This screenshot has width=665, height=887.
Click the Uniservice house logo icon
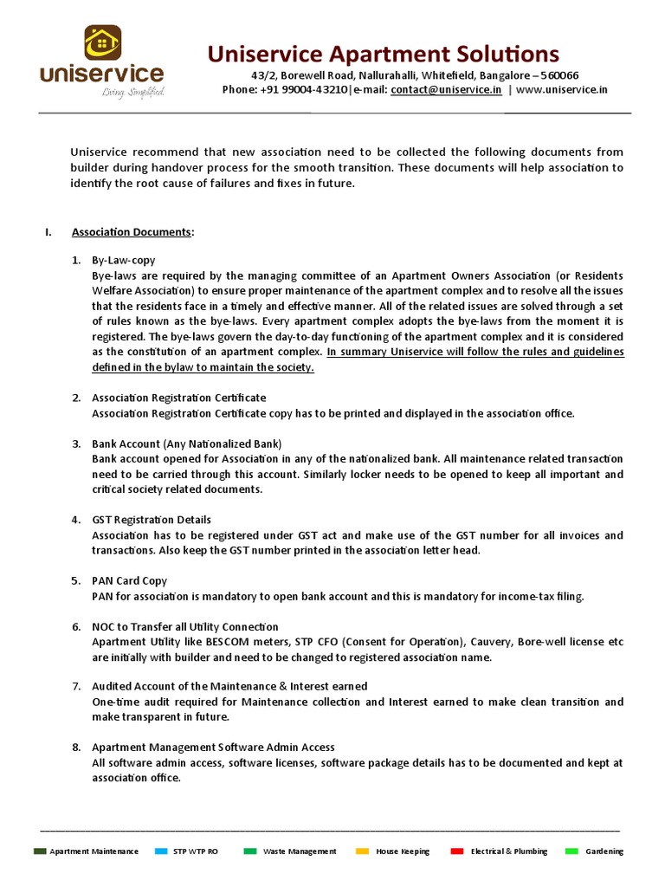(x=102, y=42)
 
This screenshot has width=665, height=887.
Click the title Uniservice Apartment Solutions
(x=383, y=54)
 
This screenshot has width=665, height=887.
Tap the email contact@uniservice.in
(x=446, y=89)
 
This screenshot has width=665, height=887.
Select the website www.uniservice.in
(x=562, y=89)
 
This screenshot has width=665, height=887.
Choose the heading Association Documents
(x=131, y=232)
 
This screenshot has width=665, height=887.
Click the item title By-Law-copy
(x=124, y=260)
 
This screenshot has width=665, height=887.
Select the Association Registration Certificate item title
(x=179, y=398)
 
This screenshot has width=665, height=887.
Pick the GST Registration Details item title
(x=152, y=520)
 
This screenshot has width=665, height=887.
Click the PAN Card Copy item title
(x=130, y=580)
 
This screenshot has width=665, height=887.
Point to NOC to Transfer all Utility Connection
(x=185, y=626)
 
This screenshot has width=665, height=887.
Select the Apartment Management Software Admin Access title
(x=213, y=747)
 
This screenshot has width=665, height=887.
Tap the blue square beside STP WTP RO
(x=160, y=851)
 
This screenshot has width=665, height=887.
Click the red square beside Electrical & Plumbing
(x=457, y=851)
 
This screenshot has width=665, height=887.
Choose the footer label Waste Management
(x=300, y=851)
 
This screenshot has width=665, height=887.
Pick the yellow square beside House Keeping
(x=362, y=851)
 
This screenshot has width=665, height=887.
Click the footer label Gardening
(x=604, y=851)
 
